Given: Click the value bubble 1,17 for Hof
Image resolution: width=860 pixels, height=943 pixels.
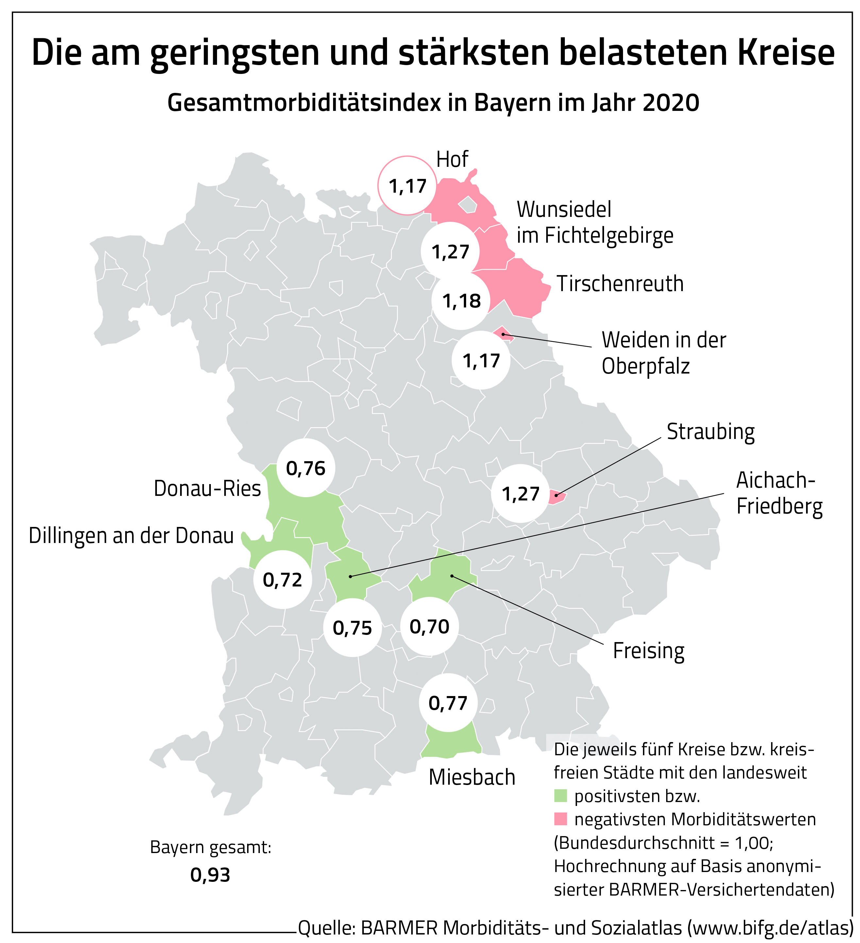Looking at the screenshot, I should click(x=407, y=186).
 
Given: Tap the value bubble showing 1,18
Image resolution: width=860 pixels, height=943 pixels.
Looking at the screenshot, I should click(x=461, y=301).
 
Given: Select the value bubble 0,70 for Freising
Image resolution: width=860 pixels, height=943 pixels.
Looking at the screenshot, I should click(x=429, y=626).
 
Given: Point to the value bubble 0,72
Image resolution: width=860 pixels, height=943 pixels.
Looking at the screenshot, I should click(x=282, y=580).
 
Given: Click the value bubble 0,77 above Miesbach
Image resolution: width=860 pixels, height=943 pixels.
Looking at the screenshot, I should click(x=448, y=703).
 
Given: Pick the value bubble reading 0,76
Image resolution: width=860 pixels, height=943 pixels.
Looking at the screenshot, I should click(x=306, y=468).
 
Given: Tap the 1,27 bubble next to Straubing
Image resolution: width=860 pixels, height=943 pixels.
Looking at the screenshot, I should click(x=520, y=494).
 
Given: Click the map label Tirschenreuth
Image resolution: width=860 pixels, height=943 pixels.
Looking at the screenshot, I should click(x=620, y=284).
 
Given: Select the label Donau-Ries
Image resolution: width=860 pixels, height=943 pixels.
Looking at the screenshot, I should click(x=207, y=488).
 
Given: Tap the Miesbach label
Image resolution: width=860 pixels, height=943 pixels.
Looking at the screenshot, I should click(x=472, y=777).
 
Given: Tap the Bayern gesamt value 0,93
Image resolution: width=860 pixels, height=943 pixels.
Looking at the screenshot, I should click(x=210, y=875).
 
